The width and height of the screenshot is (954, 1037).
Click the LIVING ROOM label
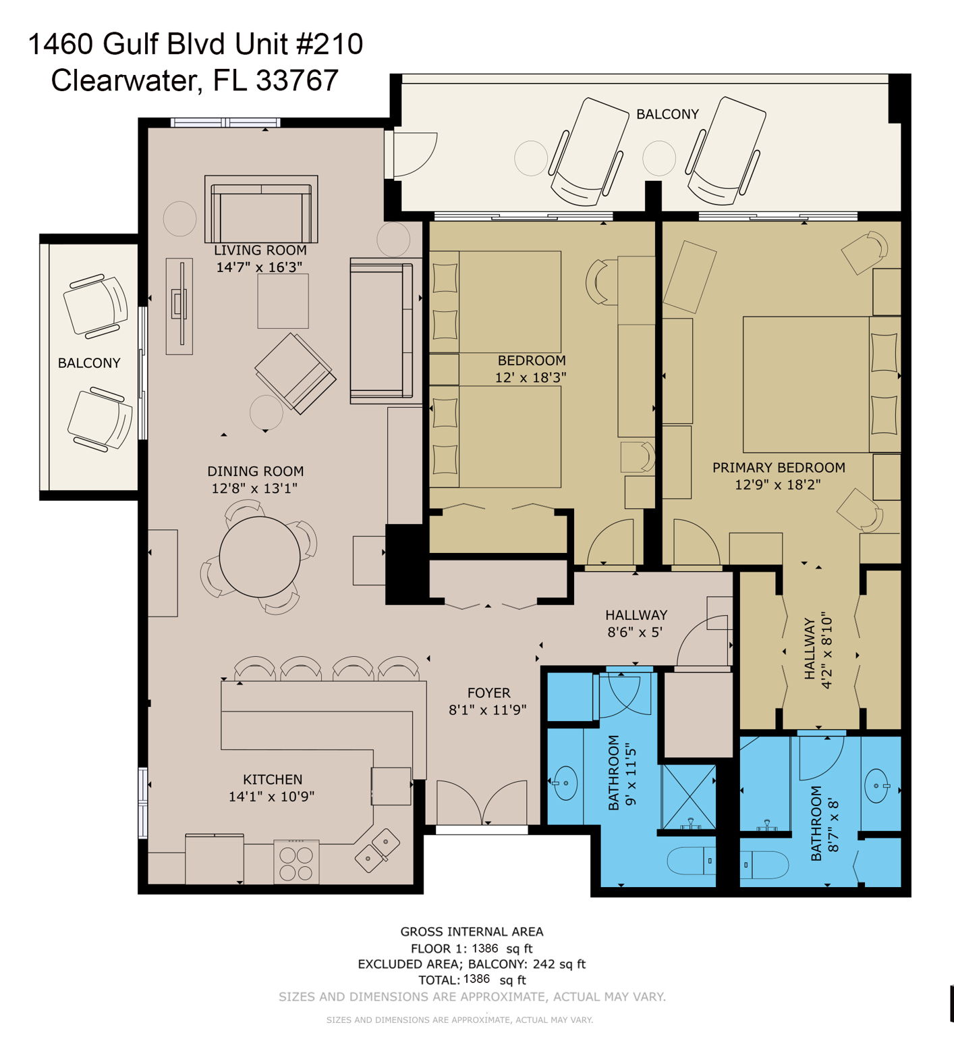260,250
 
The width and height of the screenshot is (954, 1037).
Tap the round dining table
260,557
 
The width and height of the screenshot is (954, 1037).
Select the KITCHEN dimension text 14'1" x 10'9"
272,797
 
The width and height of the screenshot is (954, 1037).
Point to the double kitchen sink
377,850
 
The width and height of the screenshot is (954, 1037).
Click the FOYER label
488,693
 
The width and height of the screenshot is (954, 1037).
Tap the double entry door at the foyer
482,803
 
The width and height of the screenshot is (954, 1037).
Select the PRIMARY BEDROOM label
779,467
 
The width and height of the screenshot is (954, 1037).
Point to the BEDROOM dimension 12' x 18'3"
530,377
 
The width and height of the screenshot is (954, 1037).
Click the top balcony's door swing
414,155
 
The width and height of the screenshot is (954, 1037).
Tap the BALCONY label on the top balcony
667,114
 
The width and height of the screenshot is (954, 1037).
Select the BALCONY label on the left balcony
89,363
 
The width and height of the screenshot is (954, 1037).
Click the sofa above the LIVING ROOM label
261,209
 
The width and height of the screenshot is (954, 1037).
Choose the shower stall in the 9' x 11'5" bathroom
688,797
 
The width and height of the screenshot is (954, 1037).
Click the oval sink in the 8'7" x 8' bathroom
876,787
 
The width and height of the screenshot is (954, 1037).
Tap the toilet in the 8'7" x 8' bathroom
764,865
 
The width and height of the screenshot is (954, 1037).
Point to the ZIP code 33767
297,80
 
